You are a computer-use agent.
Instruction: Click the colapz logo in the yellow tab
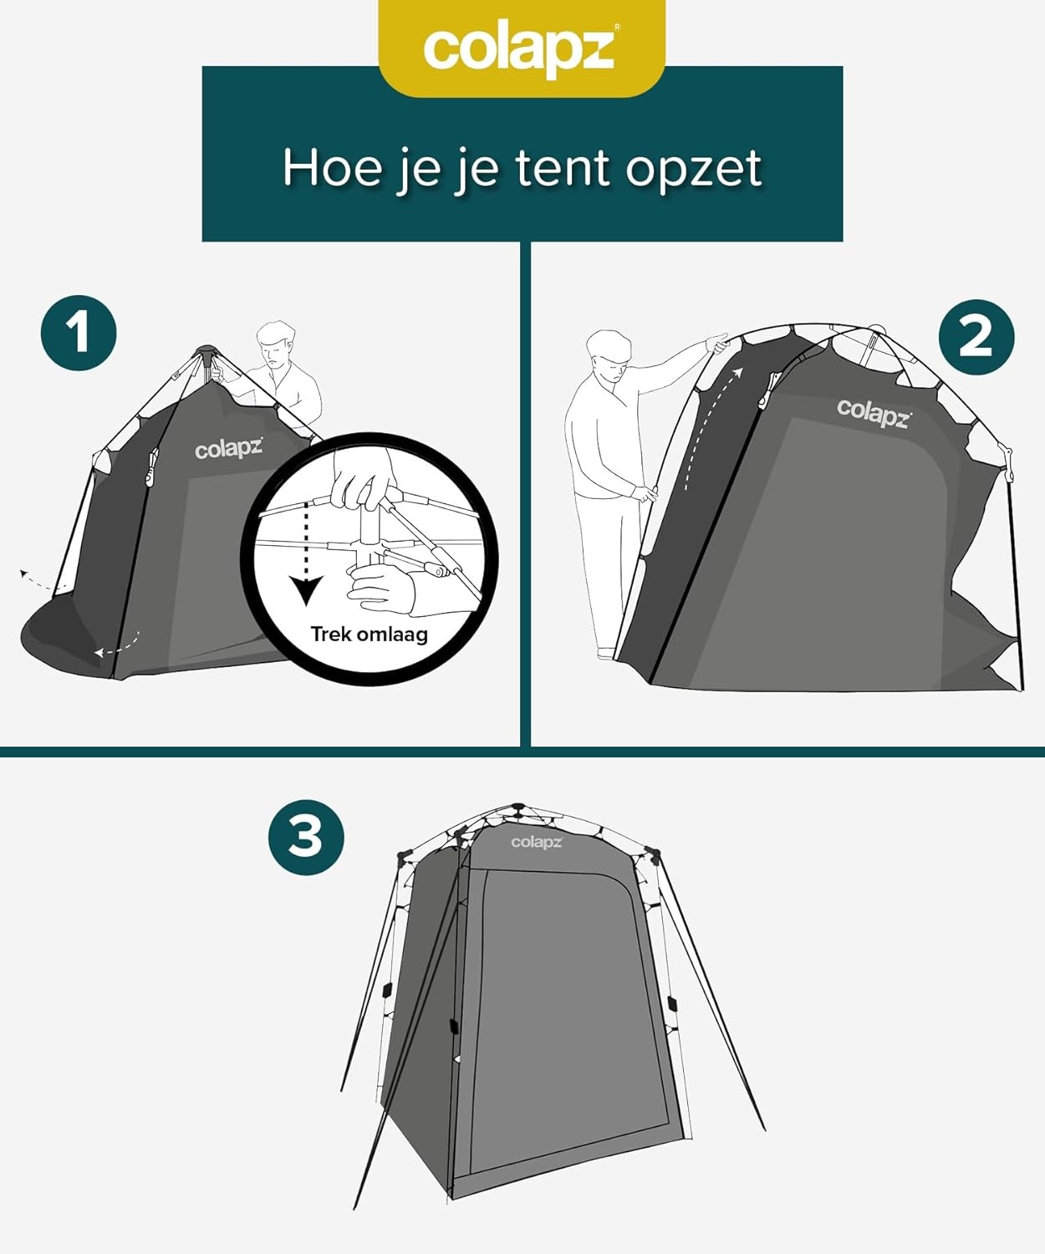520,48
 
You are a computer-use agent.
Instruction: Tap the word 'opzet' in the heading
693,170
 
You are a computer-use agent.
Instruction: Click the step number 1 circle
79,333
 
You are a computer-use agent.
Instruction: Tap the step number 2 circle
976,337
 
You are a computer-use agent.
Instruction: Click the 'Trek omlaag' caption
369,635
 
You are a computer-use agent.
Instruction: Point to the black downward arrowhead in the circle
307,589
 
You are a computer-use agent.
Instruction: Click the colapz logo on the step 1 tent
228,449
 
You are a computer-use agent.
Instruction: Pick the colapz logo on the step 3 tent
537,842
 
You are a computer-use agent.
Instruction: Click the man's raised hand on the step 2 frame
718,342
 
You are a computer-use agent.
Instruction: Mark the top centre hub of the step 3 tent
517,809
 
